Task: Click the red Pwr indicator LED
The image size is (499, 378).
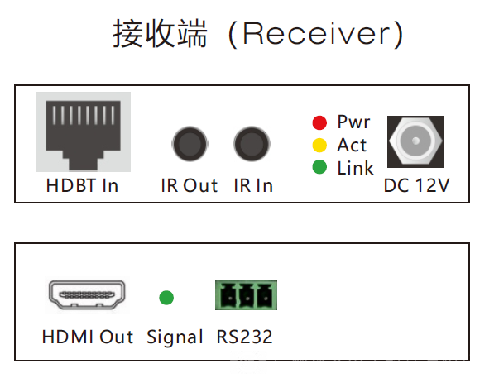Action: [319, 124]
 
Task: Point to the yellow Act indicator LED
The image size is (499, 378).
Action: [319, 146]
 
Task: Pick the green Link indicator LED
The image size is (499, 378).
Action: [319, 168]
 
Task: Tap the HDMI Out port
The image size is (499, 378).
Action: [87, 295]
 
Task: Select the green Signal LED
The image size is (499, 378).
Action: [166, 296]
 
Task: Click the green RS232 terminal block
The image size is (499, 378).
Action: [246, 295]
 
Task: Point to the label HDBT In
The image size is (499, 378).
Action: [82, 185]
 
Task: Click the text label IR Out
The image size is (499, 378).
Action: [190, 185]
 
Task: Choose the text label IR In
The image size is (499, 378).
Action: [252, 185]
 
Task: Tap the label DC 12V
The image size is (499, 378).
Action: [416, 185]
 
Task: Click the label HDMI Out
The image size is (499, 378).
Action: [88, 337]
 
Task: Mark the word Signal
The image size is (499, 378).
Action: [175, 337]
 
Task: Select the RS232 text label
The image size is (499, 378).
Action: [244, 337]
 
